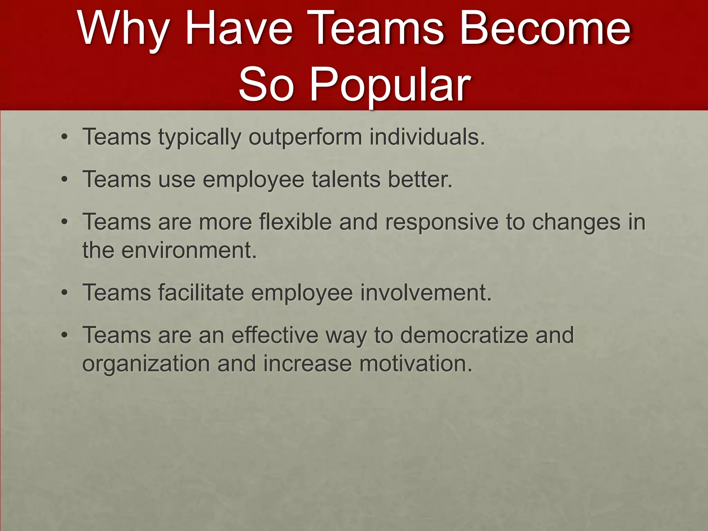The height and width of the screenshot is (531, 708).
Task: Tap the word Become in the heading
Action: point(545,28)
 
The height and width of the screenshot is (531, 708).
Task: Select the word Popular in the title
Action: point(390,85)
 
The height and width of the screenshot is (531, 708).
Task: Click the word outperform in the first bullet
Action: point(305,137)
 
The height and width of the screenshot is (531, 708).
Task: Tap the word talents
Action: point(346,179)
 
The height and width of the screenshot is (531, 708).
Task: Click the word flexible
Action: point(296,222)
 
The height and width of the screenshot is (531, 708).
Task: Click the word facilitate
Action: point(201,292)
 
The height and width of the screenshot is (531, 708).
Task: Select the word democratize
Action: point(464,335)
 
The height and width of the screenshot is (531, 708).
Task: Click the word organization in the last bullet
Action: point(146,364)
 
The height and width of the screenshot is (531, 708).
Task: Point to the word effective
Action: point(275,335)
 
